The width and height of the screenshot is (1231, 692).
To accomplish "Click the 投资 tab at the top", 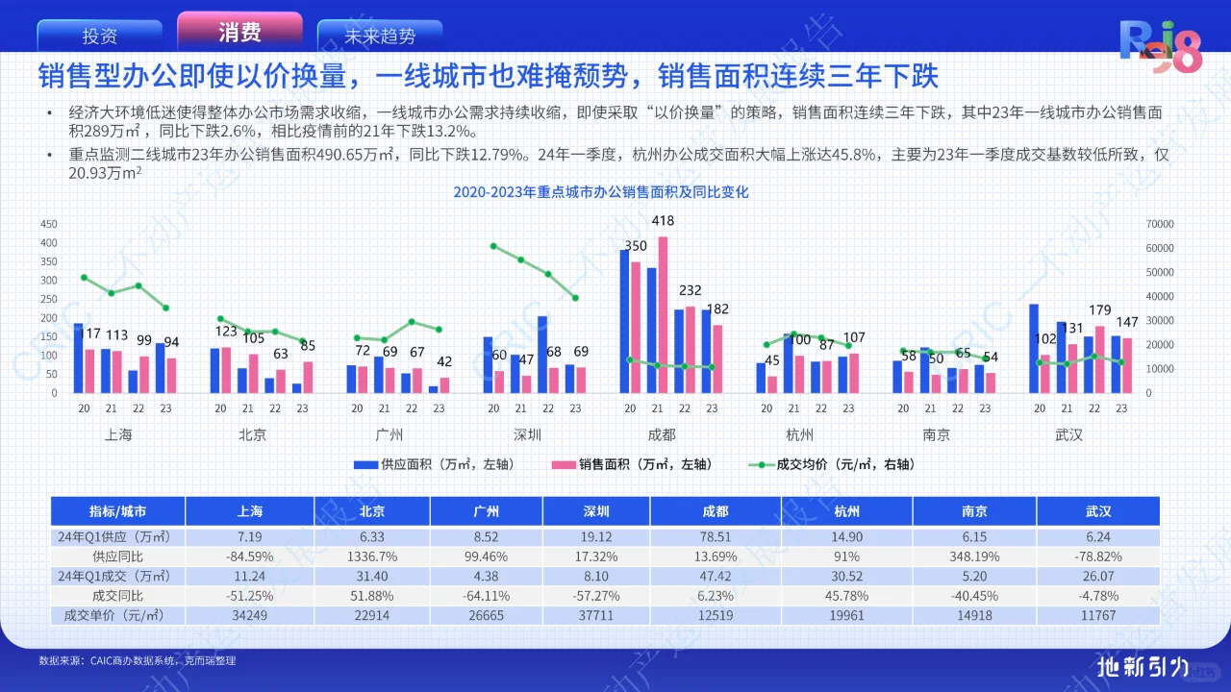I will point(100,37).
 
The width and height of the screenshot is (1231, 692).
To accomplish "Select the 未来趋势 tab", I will point(380,37).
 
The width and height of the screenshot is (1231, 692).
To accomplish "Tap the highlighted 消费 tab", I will point(239,33).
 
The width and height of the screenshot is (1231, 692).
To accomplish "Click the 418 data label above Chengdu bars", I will point(663,221).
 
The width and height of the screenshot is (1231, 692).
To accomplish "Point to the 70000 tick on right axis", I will point(1161,224).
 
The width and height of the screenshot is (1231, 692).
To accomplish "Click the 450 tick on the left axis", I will point(49,224).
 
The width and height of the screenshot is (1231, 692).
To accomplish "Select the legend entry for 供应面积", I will point(433,464).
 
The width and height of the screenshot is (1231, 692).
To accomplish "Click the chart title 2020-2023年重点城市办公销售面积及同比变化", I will point(601,192).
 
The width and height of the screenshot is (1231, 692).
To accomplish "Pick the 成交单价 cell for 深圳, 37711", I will point(596,615).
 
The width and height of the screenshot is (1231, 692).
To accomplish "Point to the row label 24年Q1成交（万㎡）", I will point(116,576).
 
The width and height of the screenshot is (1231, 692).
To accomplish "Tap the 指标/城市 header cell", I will point(117,511).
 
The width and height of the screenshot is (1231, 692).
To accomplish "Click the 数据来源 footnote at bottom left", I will point(138,661).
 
